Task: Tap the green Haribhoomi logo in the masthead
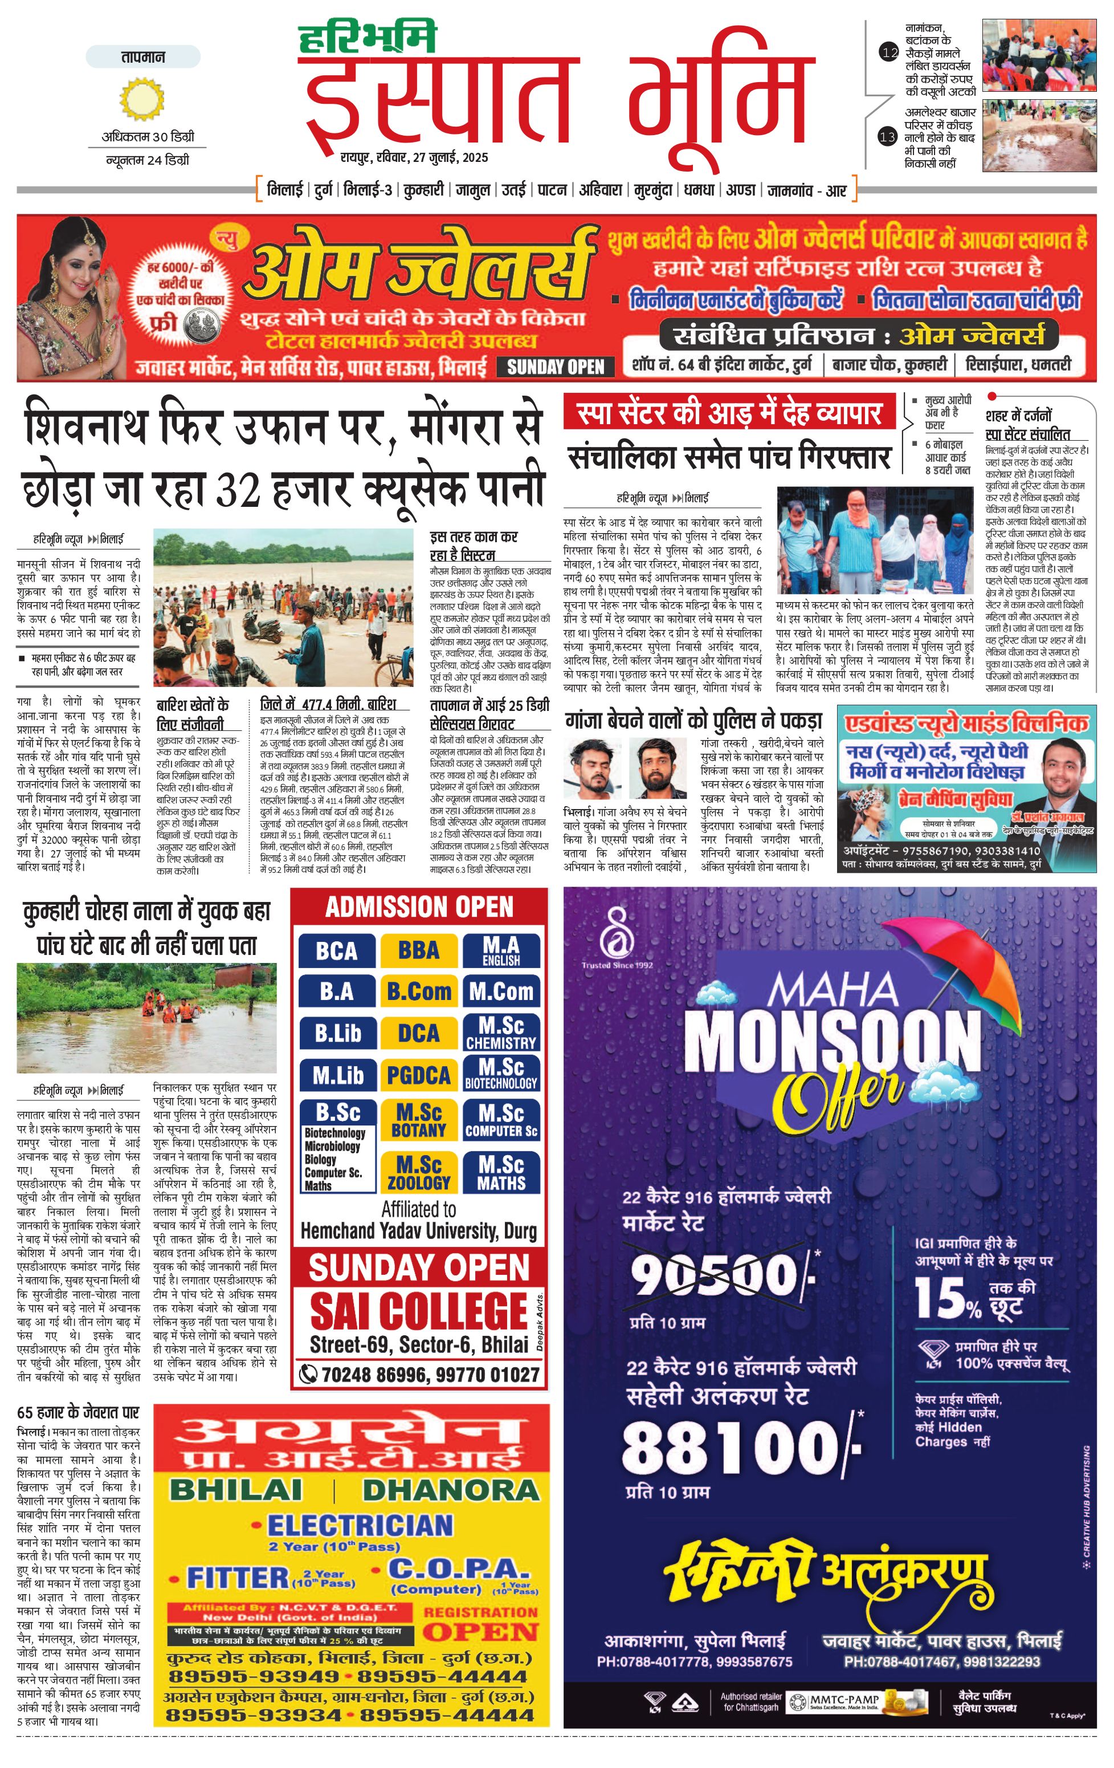(367, 38)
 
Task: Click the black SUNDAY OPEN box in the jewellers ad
(556, 367)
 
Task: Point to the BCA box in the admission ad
(337, 951)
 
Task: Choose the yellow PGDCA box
(418, 1076)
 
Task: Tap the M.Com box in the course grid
(501, 992)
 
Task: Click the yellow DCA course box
(418, 1034)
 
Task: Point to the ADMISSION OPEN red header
(419, 908)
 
